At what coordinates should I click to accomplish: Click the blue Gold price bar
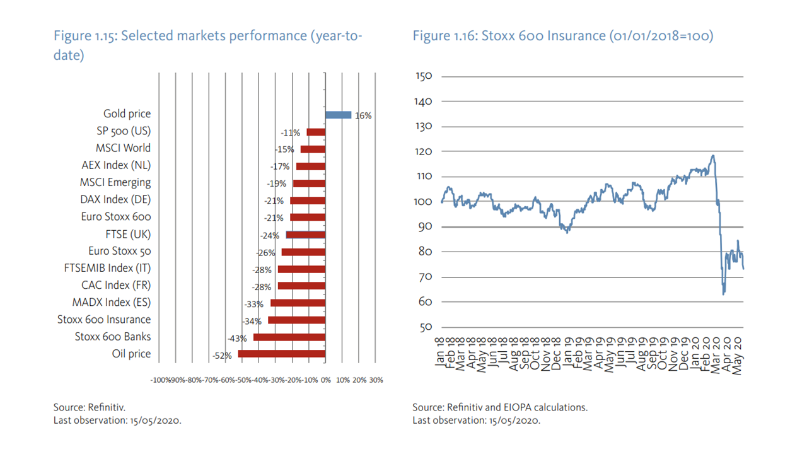tap(338, 115)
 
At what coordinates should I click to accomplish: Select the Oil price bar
tap(282, 354)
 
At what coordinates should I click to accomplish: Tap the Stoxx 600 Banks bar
tap(289, 337)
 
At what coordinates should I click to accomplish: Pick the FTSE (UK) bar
tap(306, 235)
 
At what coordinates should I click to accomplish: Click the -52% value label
tap(221, 356)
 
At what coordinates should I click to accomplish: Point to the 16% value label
tap(363, 116)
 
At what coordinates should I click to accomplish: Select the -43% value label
tap(238, 339)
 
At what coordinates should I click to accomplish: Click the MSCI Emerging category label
tap(115, 182)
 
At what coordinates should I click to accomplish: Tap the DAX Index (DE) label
tap(117, 199)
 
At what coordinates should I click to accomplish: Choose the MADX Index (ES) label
tap(112, 302)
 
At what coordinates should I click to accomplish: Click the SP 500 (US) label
tap(120, 131)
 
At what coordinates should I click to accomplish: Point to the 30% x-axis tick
tap(376, 380)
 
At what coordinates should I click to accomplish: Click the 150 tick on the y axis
tap(424, 76)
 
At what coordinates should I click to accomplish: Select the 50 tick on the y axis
tap(426, 327)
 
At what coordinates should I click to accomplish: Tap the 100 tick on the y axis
tap(424, 202)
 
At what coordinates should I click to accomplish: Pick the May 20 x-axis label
tap(740, 356)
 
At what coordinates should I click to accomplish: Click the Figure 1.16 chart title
tap(562, 36)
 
